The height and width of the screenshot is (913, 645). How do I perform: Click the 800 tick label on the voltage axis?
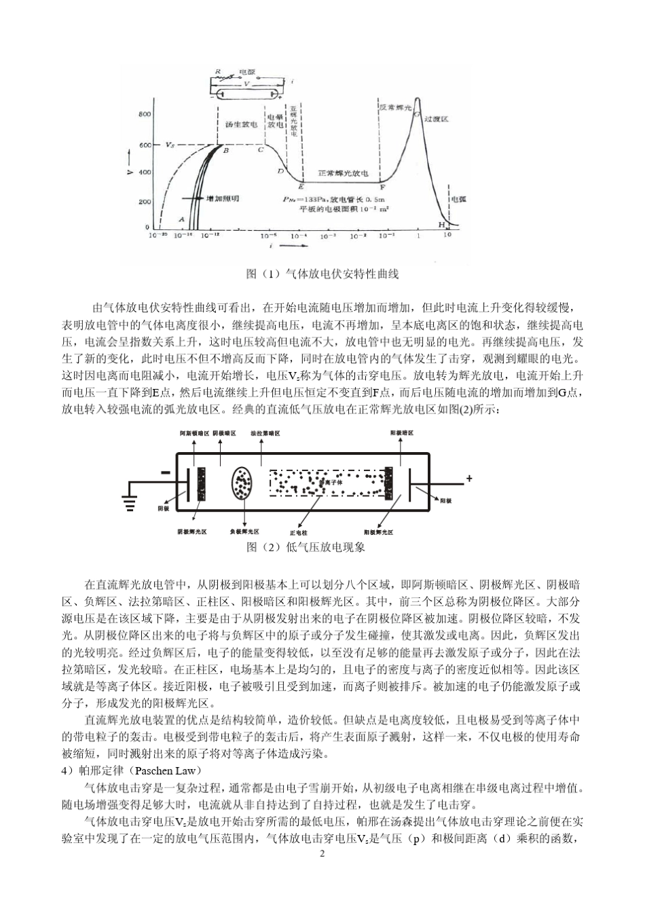tap(145, 114)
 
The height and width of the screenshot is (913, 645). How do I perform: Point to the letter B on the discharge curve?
tap(225, 151)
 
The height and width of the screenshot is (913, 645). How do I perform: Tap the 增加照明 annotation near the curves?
tap(222, 198)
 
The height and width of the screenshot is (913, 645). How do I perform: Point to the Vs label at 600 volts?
tap(174, 145)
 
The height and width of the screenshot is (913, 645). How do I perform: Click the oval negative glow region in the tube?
tap(242, 483)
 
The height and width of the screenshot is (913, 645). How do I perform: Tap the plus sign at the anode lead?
tap(468, 479)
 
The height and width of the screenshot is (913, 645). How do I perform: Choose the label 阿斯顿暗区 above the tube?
tap(193, 432)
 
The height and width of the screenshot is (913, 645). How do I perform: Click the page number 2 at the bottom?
tap(322, 853)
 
